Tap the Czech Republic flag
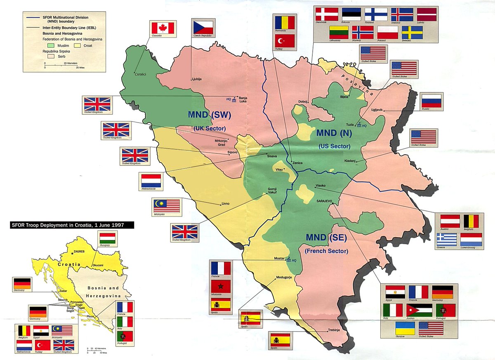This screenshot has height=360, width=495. [203, 28]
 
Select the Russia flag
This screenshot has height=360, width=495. [432, 101]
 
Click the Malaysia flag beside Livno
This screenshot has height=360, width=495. [166, 205]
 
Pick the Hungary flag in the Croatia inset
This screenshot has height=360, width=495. [108, 239]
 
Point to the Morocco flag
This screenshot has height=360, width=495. [220, 286]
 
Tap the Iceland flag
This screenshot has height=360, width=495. [402, 14]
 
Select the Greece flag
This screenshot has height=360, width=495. [446, 239]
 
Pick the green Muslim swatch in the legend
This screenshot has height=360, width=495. [52, 45]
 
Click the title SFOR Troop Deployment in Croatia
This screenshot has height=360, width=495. [72, 225]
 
